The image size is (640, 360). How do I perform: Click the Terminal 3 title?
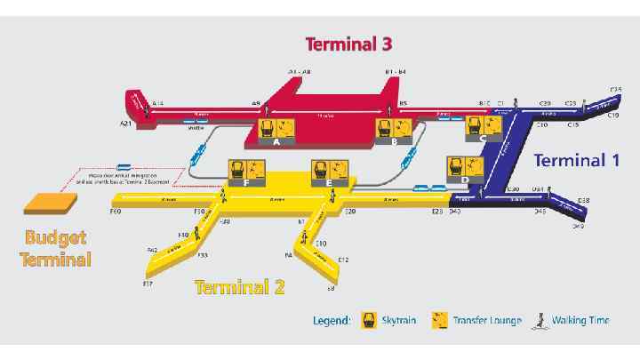(348, 43)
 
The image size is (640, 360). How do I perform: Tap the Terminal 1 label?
(575, 160)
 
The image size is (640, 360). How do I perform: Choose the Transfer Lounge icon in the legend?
(439, 320)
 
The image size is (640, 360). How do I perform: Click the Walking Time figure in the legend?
(537, 321)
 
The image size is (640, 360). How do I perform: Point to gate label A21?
(126, 124)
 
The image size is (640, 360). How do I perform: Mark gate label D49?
(578, 227)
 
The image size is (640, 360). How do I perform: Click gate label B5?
(403, 103)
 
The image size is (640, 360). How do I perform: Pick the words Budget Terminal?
(57, 249)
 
